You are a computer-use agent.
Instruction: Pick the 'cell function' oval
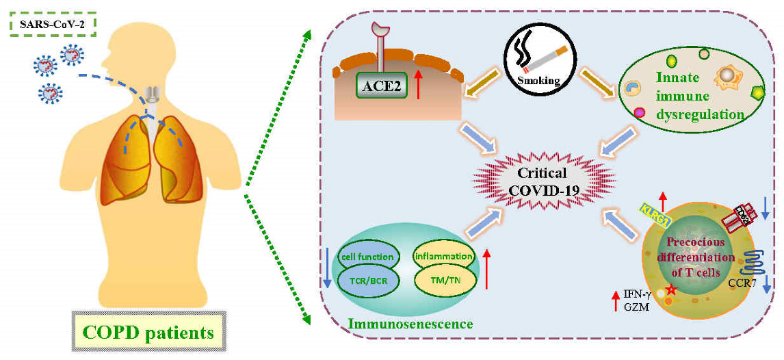click(369, 257)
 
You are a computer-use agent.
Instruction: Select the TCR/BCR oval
click(369, 281)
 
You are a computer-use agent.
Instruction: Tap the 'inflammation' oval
click(443, 257)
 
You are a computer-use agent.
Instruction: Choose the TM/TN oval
click(443, 280)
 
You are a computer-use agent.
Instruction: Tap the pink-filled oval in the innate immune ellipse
click(640, 112)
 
